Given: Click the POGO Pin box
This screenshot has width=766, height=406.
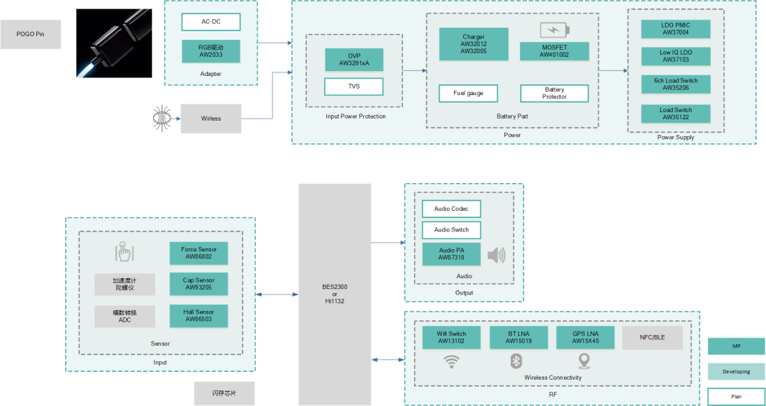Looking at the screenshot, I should pos(30,34).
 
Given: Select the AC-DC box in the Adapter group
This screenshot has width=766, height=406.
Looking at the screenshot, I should pos(211,22).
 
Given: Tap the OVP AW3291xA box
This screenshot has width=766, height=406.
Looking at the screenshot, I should pos(354,60).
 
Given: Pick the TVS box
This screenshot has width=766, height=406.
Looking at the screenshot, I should pos(354,87).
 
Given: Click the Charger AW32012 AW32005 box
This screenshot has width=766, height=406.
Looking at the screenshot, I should pos(473,44).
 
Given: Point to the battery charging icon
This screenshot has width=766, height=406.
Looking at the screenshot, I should pos(555,30).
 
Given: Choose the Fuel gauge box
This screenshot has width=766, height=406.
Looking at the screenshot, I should pos(468,93).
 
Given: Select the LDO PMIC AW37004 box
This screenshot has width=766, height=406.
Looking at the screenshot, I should pos(675,29).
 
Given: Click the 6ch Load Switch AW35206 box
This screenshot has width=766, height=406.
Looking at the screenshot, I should pos(675,84).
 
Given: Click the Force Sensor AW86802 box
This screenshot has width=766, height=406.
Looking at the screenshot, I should pos(199,253).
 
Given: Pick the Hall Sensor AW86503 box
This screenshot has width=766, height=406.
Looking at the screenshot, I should pos(199,316).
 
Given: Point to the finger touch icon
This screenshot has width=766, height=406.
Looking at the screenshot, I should pos(125,252).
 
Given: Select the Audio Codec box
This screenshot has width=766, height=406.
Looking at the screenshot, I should pos(451,209).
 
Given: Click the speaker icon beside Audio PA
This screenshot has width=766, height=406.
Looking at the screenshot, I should pos(497,255).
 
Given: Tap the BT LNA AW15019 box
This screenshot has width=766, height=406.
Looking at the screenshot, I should pos(518,337).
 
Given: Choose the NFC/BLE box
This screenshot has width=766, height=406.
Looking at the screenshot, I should pos(652,337).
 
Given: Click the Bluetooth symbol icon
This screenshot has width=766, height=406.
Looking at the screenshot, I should pos(516,361).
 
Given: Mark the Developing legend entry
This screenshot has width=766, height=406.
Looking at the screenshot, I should pos(736,371).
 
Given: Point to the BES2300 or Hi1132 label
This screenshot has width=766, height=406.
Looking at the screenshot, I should pos(335,293).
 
